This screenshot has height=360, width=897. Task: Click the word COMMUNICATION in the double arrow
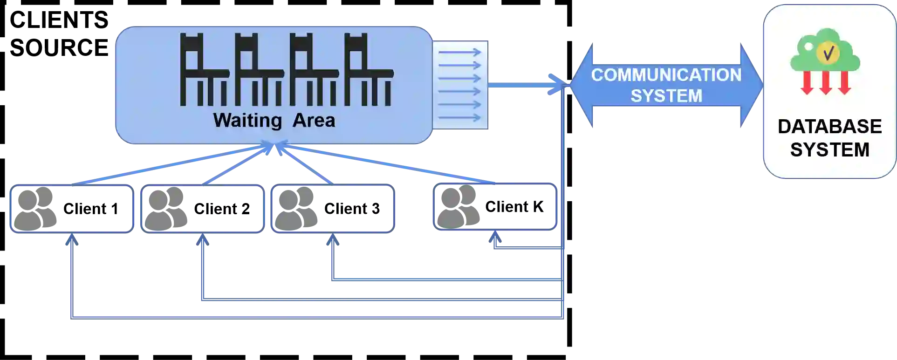pyautogui.click(x=666, y=75)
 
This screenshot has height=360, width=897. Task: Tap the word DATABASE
pyautogui.click(x=829, y=127)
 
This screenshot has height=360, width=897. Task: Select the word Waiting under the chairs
pyautogui.click(x=247, y=120)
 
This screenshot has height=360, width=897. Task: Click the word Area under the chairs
pyautogui.click(x=314, y=120)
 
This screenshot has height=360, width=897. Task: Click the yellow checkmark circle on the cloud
pyautogui.click(x=828, y=54)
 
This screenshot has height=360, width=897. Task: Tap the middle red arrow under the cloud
pyautogui.click(x=825, y=83)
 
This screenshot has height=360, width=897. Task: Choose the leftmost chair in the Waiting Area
pyautogui.click(x=200, y=70)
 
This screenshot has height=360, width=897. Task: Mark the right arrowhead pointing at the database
pyautogui.click(x=750, y=85)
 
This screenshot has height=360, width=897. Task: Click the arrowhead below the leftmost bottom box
pyautogui.click(x=71, y=239)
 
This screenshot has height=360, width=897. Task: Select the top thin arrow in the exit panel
pyautogui.click(x=459, y=52)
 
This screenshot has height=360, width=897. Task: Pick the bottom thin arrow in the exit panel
pyautogui.click(x=459, y=117)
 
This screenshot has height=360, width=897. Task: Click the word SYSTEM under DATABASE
pyautogui.click(x=829, y=150)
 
